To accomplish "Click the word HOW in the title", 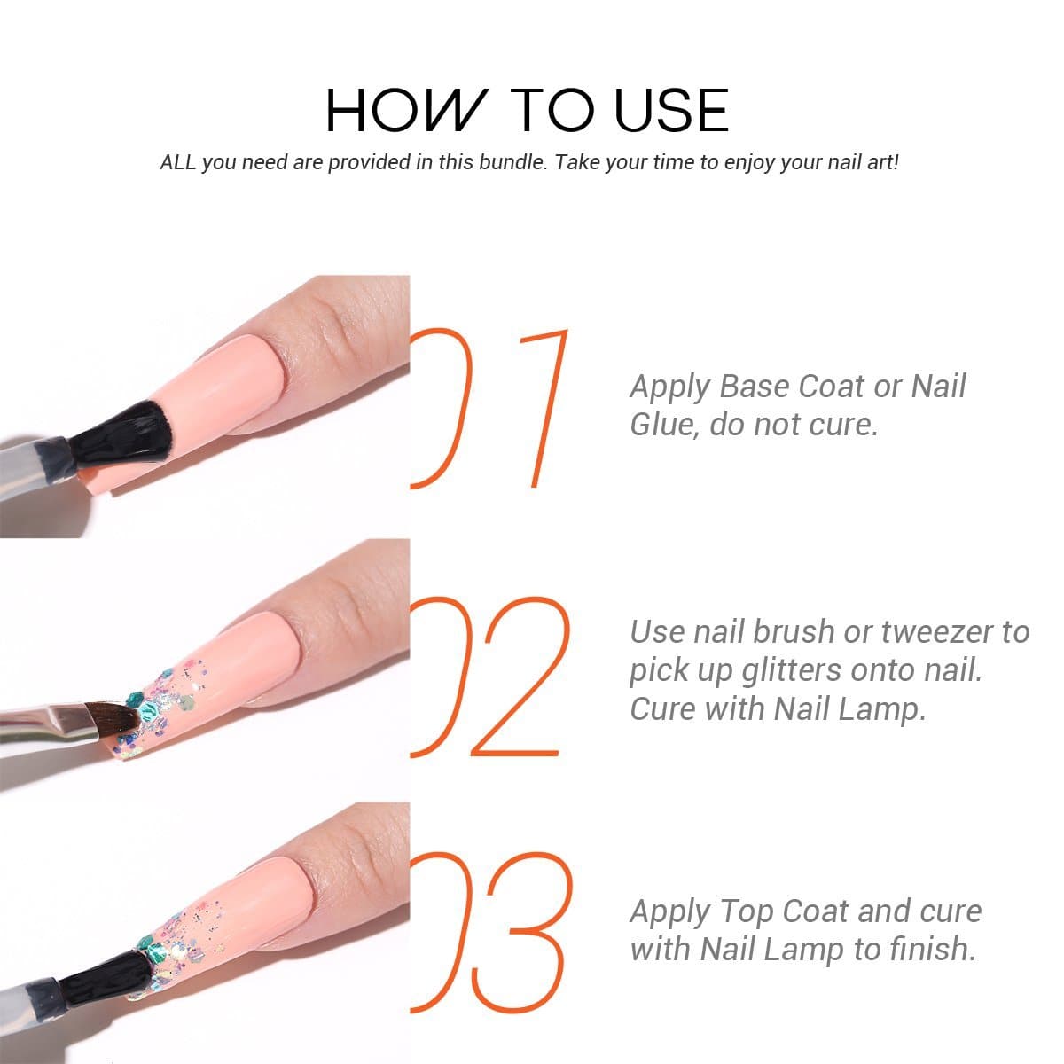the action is point(406,110).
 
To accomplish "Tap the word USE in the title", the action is point(671,110).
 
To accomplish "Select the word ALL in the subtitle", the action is point(177,162).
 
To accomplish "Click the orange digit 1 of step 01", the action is point(544,409).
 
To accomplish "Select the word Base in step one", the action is point(755,387).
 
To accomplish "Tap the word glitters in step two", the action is point(794,671).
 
